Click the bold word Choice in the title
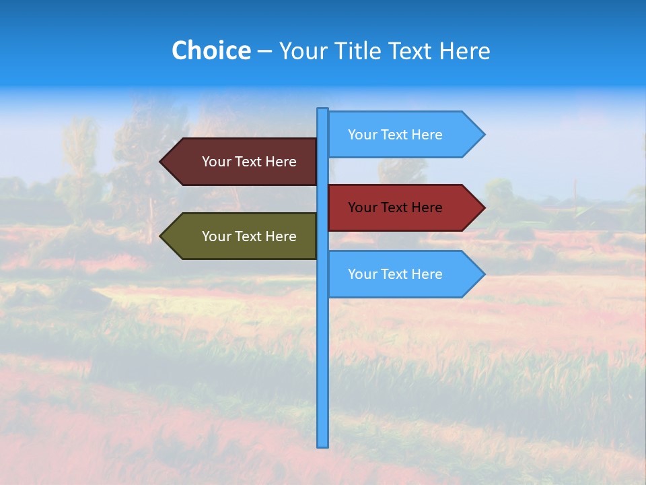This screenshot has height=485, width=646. point(211,51)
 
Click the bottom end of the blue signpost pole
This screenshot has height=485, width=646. point(322,445)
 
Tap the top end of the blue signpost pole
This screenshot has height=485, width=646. point(322,110)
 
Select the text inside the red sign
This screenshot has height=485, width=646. point(395,207)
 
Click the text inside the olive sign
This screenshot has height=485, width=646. point(249,236)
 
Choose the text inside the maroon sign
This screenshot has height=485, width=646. point(249,162)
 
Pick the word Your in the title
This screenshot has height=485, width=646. point(301,51)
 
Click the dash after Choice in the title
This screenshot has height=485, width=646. point(264,51)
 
